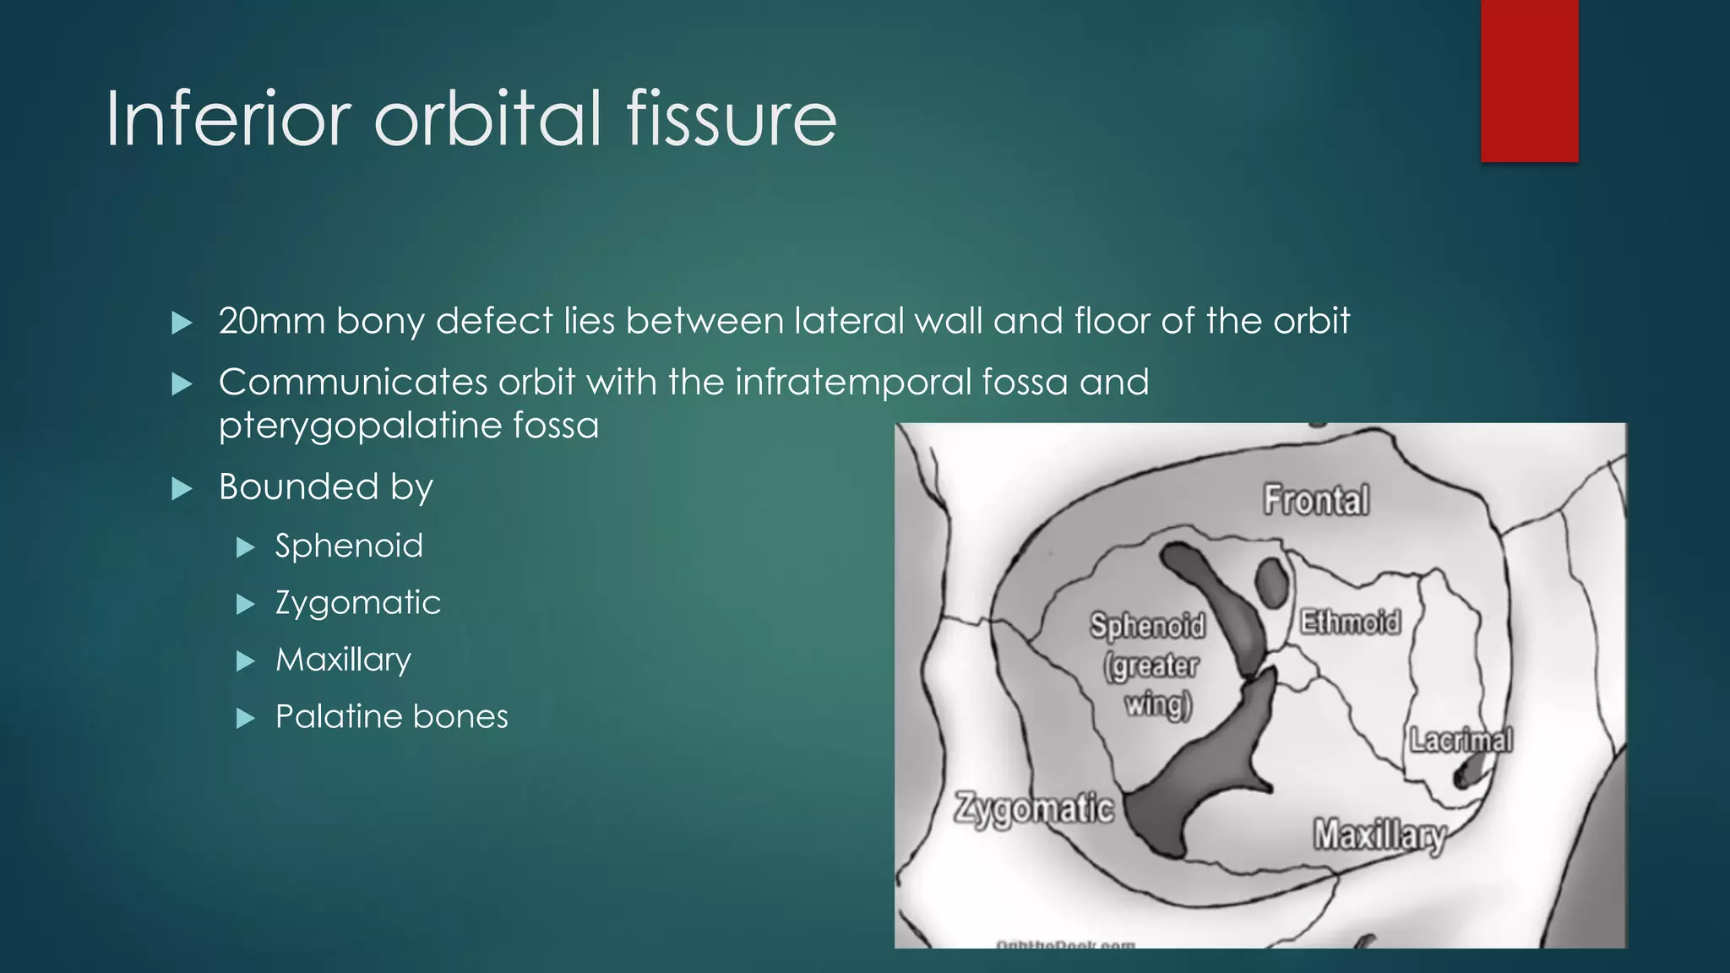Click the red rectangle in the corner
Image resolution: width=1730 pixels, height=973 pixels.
[x=1529, y=80]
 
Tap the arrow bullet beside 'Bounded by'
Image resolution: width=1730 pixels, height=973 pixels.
[x=182, y=488]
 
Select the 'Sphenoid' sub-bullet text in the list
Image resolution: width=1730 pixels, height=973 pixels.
[x=349, y=546]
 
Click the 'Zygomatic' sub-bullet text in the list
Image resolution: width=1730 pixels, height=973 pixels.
[x=358, y=603]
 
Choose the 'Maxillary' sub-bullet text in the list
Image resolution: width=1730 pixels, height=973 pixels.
[x=343, y=660]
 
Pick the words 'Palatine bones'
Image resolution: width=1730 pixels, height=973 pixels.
[x=391, y=716]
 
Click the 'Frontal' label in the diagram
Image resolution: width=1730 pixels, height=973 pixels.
[x=1315, y=500]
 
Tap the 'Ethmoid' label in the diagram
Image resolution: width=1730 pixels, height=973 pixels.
[x=1349, y=622]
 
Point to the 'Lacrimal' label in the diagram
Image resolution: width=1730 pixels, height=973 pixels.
[x=1460, y=740]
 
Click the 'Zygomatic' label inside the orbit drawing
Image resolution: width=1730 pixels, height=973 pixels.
[x=1033, y=809]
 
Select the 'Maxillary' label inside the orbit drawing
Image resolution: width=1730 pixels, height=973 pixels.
[x=1378, y=835]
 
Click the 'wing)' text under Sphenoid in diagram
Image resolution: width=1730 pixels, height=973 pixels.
[x=1157, y=704]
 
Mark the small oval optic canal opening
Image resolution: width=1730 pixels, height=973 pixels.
[x=1270, y=582]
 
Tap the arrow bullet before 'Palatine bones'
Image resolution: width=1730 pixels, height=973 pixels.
[x=245, y=718]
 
